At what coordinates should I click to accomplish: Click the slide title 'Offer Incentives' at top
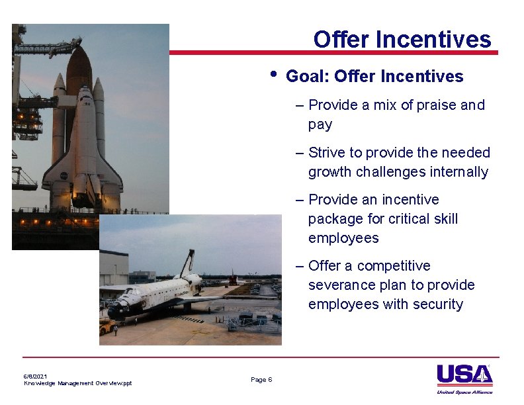pos(402,40)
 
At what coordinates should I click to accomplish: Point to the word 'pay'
pos(320,125)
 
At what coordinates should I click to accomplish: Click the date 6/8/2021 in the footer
pos(36,376)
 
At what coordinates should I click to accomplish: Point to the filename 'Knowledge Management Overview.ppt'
pos(77,383)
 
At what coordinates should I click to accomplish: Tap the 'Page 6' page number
pos(261,380)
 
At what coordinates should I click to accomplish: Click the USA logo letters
pos(463,375)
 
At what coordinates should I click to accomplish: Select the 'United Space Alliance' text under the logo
pos(464,392)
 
